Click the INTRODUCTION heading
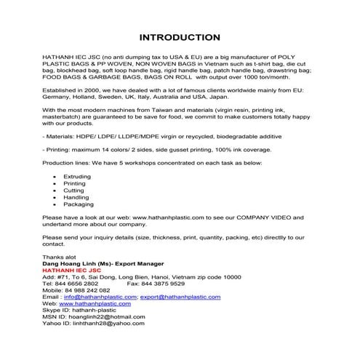pos(180,37)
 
